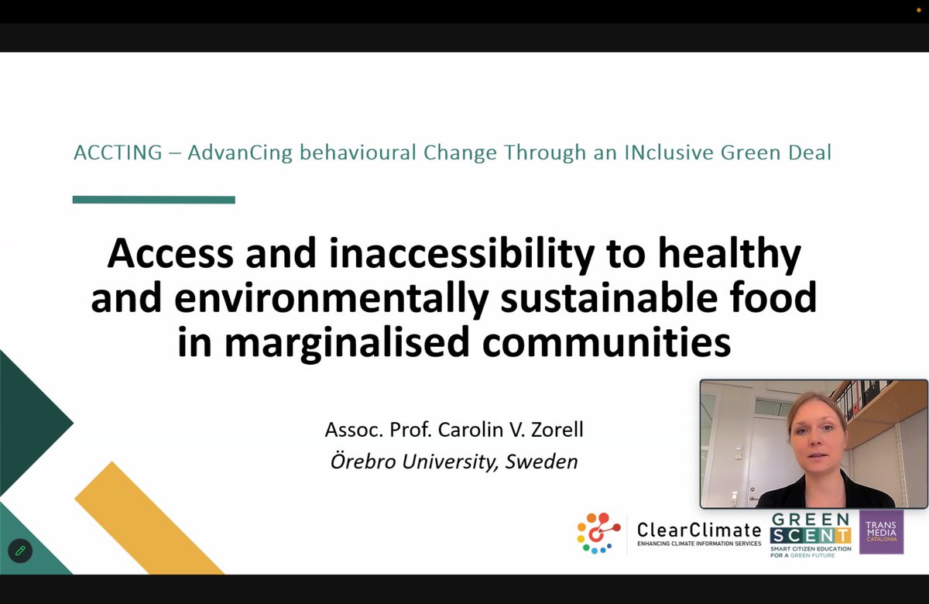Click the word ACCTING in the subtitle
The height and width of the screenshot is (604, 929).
118,153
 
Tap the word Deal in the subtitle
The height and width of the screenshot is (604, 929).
808,153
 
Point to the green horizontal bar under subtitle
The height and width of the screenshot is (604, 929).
153,200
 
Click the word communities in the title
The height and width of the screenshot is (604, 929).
606,342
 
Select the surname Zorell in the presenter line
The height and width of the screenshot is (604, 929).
556,430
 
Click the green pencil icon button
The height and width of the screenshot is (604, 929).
20,551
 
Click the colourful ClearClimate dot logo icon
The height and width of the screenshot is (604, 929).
598,533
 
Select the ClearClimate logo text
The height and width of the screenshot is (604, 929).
698,530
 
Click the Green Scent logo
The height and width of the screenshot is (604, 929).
811,533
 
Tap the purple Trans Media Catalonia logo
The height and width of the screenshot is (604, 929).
881,532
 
